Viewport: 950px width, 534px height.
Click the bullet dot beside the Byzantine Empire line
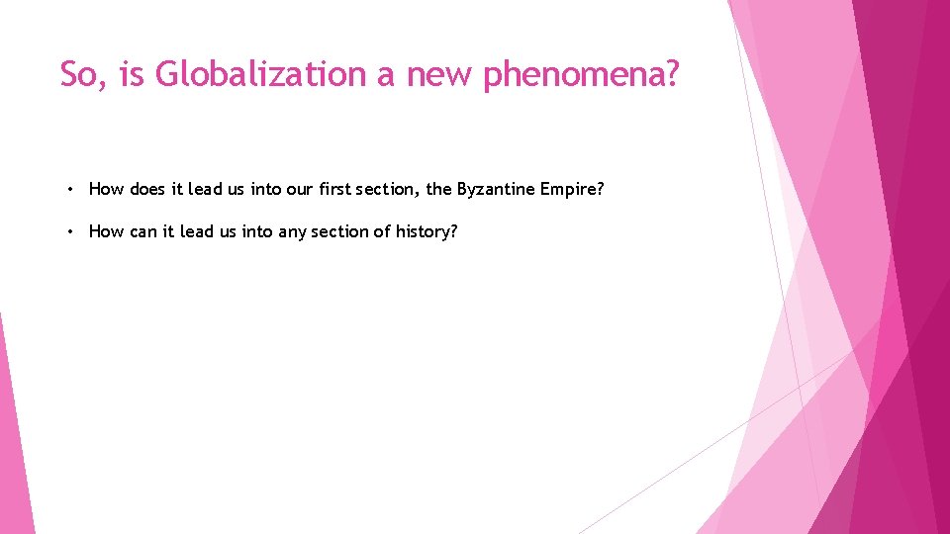tap(72, 188)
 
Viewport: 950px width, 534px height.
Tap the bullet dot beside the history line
tap(72, 231)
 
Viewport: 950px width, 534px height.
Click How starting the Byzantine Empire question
tap(106, 188)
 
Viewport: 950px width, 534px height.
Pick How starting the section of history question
tap(106, 231)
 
